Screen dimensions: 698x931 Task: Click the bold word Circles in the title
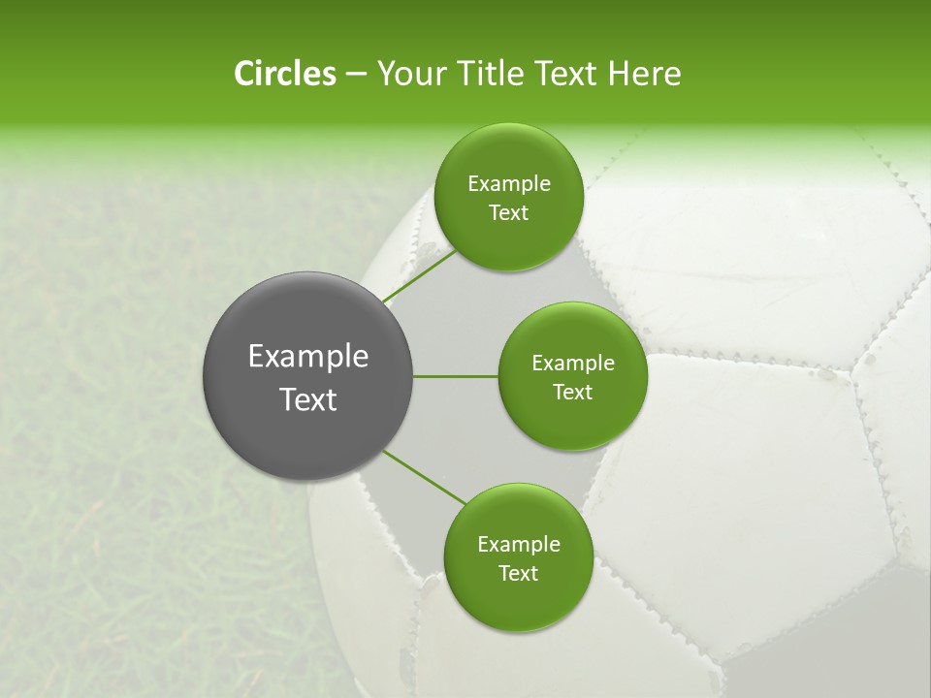pos(284,74)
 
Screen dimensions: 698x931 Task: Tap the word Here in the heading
pos(644,74)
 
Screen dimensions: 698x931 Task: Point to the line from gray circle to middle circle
pos(456,376)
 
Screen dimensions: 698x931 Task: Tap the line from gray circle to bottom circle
pos(423,478)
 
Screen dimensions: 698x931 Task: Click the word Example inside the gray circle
pos(308,357)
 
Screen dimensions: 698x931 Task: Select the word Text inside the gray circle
pos(308,399)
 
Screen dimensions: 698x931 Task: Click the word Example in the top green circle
pos(509,184)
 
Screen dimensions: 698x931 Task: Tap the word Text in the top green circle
pos(508,213)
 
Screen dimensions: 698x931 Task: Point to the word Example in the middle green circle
pos(573,364)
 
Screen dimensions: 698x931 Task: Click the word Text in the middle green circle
pos(572,393)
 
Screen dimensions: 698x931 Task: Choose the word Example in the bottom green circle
pos(519,545)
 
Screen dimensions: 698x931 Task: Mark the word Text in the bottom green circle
pos(518,574)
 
